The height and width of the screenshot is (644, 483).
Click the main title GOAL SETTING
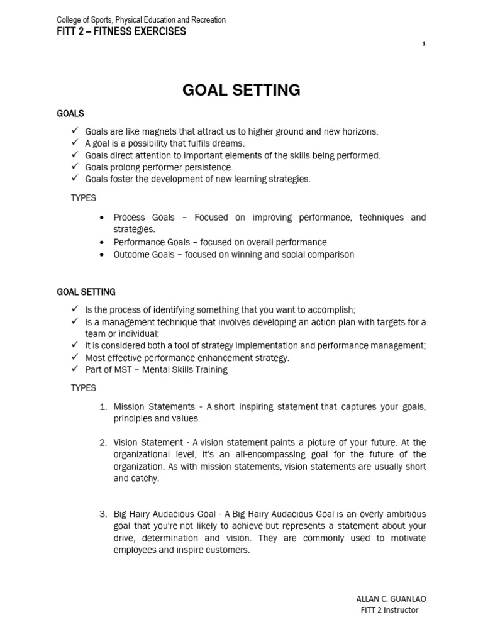[241, 90]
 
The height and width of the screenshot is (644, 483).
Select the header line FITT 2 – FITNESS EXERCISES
[121, 31]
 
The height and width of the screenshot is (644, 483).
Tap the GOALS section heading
[70, 113]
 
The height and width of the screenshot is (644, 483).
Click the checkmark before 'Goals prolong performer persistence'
[74, 167]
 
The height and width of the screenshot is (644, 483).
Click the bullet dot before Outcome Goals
[102, 255]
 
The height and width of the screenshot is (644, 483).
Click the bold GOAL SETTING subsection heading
[86, 292]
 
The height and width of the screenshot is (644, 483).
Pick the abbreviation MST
[123, 370]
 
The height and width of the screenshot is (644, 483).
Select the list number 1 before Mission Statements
[103, 407]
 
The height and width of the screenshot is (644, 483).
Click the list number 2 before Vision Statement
[103, 442]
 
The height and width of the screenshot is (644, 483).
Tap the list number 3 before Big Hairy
[103, 514]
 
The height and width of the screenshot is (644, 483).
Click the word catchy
[147, 478]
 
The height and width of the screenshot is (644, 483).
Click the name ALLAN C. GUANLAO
[386, 598]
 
